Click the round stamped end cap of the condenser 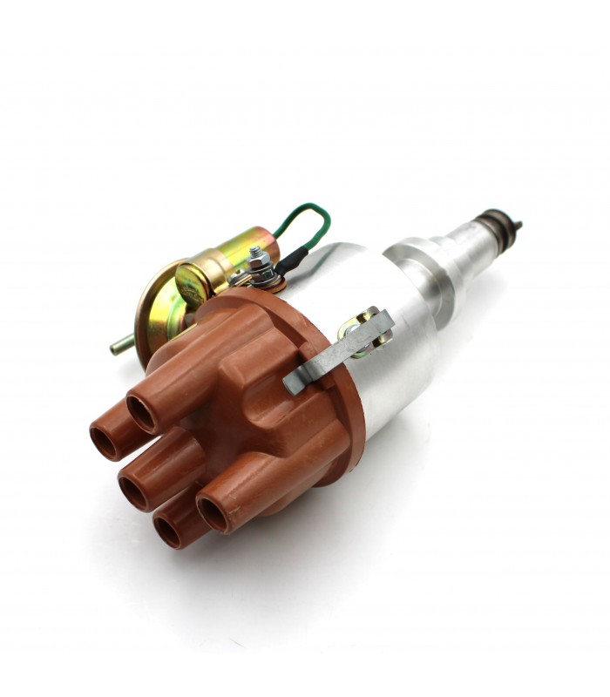[x=193, y=283]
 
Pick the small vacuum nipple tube [x=122, y=346]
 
